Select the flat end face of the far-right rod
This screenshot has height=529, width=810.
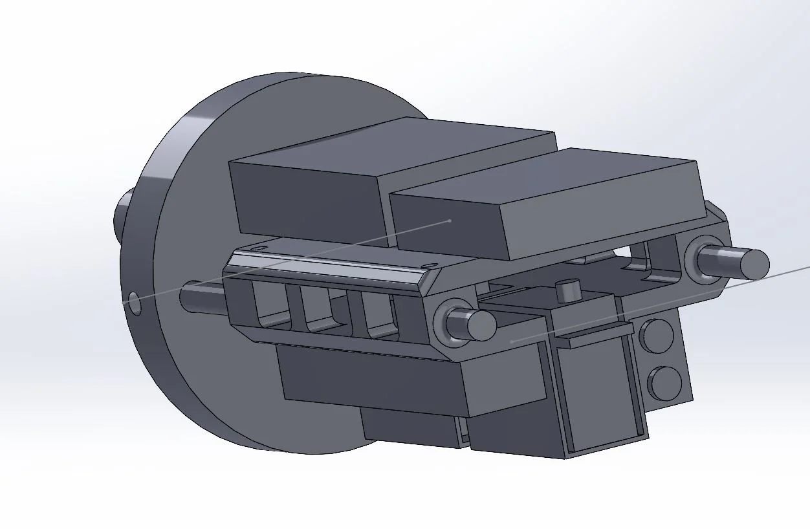[x=754, y=264]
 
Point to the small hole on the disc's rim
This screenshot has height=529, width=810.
[x=134, y=303]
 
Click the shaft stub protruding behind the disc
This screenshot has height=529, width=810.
[x=123, y=214]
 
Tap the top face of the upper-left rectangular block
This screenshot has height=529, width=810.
[x=388, y=144]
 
